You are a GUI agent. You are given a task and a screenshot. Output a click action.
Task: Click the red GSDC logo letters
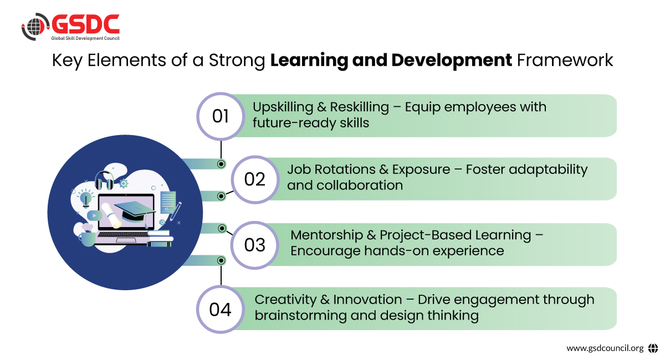[85, 24]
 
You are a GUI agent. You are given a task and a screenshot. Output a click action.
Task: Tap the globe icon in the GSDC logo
[35, 27]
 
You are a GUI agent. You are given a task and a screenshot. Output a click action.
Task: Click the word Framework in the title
[565, 60]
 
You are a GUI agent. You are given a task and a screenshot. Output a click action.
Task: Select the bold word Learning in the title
[309, 61]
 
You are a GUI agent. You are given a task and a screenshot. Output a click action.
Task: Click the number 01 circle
[221, 116]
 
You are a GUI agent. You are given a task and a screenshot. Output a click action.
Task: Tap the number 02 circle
[255, 179]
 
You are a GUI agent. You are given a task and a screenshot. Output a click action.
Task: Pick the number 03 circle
[255, 245]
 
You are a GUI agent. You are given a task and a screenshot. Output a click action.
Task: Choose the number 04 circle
[221, 310]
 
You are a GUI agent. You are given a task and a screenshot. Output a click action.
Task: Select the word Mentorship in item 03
[326, 235]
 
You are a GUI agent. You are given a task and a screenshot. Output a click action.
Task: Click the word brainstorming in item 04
[301, 316]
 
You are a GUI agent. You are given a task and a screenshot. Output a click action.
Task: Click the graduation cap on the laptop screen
[135, 211]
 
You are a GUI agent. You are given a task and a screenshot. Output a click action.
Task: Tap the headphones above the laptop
[104, 181]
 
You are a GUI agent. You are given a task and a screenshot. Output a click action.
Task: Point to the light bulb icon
[86, 199]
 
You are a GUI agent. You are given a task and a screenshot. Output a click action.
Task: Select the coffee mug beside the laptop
[86, 239]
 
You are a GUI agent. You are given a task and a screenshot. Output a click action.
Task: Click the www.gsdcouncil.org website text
[605, 348]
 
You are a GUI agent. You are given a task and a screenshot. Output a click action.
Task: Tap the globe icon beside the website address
[653, 348]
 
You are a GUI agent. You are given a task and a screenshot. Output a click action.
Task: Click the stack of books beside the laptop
[160, 239]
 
